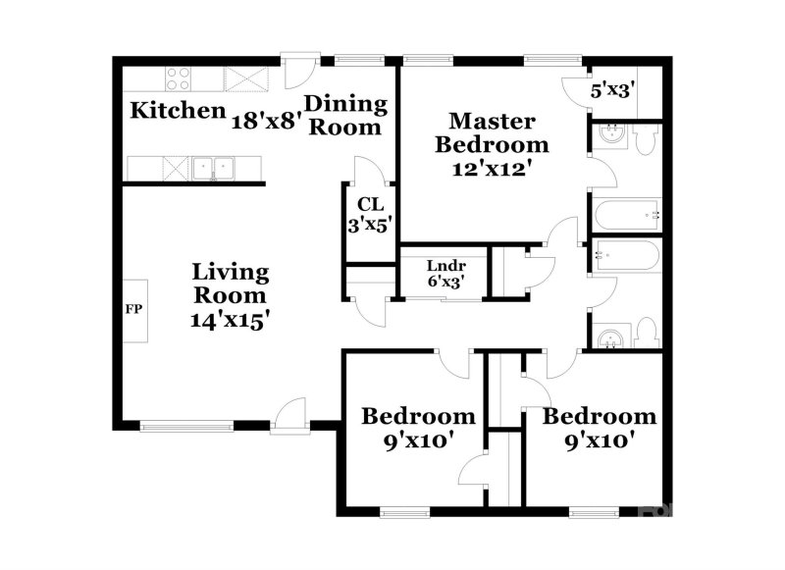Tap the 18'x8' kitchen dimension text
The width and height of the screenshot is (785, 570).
tap(264, 120)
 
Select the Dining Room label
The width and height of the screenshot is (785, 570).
tap(345, 115)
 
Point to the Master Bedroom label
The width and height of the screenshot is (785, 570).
tap(493, 132)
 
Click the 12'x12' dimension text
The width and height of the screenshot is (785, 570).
tap(493, 167)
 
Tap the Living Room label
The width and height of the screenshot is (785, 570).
tap(230, 283)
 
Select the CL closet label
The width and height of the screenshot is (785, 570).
tap(369, 204)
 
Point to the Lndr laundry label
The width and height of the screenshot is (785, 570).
tap(445, 265)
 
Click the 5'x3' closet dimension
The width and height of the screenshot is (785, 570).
tap(614, 91)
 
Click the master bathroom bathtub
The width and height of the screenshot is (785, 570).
tap(626, 212)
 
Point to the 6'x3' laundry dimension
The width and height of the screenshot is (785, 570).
tap(445, 283)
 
